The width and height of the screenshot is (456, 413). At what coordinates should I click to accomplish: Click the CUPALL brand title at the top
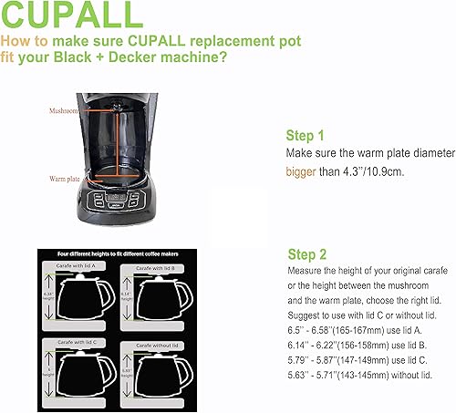(x=72, y=15)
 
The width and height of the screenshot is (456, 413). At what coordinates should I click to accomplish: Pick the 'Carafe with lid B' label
(x=160, y=269)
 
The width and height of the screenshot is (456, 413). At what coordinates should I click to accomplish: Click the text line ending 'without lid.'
(x=356, y=375)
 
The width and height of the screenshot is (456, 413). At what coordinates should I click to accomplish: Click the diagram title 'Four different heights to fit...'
(x=121, y=254)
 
